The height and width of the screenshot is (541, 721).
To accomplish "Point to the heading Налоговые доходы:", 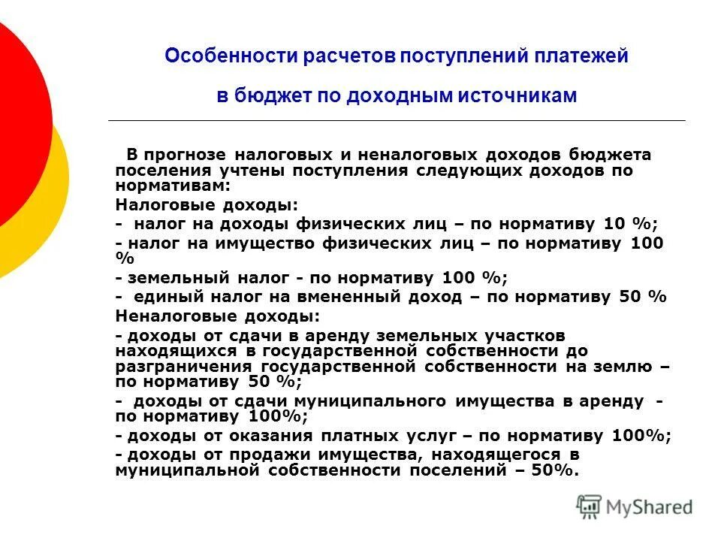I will [x=207, y=204].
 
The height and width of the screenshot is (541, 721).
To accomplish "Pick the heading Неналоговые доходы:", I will [x=218, y=316].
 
